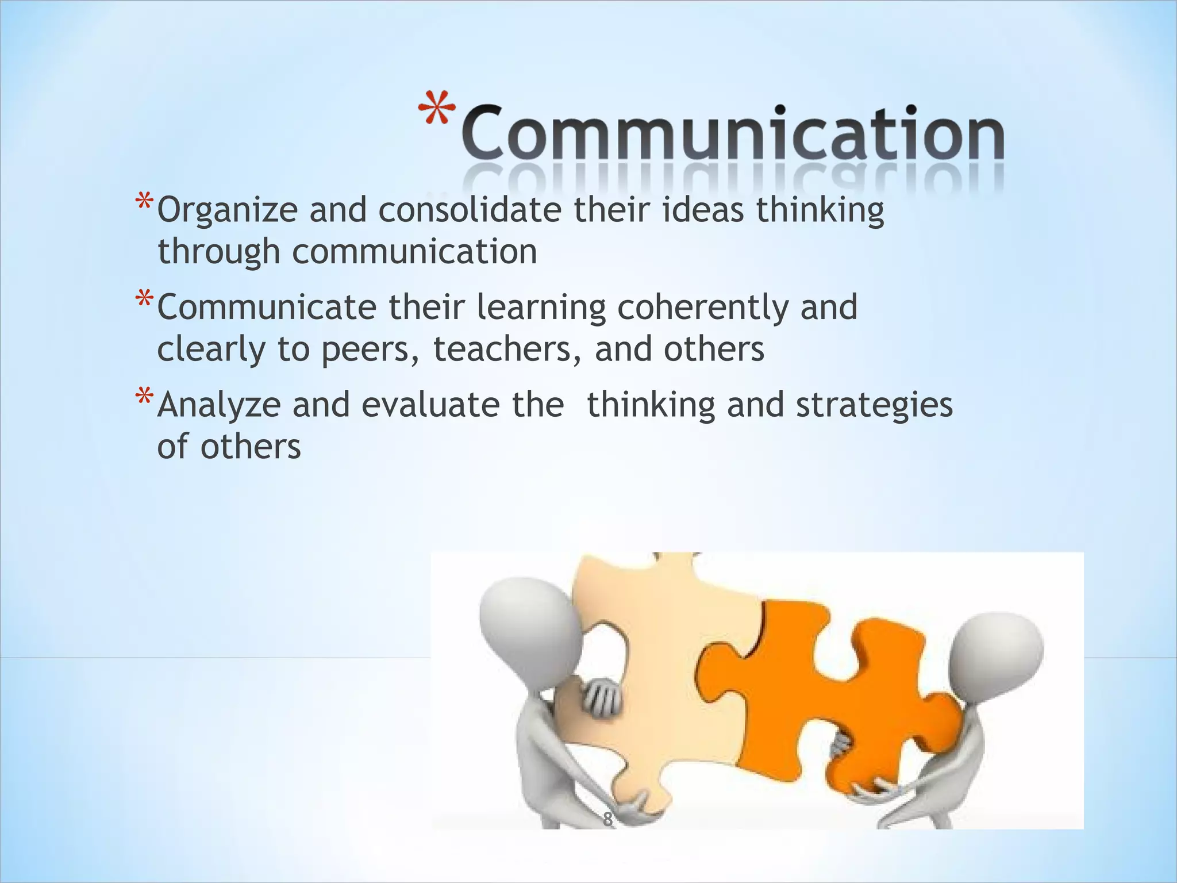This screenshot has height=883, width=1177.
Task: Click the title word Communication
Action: pyautogui.click(x=733, y=133)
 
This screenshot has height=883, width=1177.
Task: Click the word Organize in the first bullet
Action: pyautogui.click(x=227, y=211)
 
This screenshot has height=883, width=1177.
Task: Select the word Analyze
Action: pyautogui.click(x=219, y=406)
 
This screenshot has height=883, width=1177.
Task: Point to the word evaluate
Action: pyautogui.click(x=430, y=405)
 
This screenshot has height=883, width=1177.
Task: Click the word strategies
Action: pyautogui.click(x=874, y=406)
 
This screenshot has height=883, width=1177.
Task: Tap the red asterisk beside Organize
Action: pyautogui.click(x=144, y=204)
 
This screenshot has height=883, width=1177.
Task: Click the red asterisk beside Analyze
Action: pyautogui.click(x=144, y=398)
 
